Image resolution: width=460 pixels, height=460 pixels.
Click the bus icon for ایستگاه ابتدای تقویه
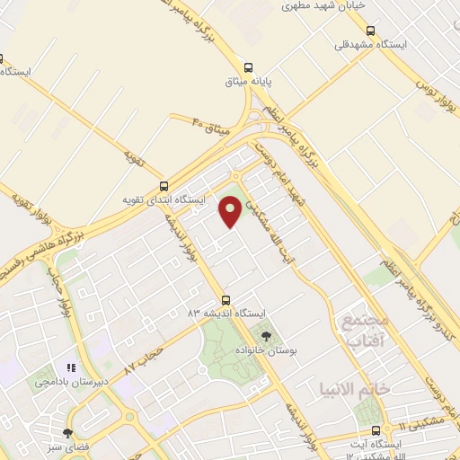tap(163, 185)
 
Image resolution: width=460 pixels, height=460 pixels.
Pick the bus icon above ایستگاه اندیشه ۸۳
tap(226, 300)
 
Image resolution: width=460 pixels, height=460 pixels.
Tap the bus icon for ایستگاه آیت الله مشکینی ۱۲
tap(387, 429)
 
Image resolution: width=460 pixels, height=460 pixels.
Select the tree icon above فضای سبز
tap(68, 433)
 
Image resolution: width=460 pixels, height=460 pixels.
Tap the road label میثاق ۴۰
tap(213, 127)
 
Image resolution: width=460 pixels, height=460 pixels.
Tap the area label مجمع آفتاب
tap(363, 330)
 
